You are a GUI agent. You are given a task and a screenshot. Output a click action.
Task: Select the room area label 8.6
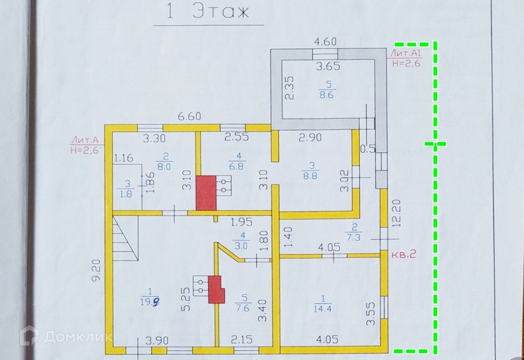tap(327, 94)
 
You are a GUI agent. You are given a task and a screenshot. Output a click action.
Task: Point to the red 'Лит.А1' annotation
tap(405, 54)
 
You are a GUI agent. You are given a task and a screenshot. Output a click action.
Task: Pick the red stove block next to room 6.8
tap(206, 193)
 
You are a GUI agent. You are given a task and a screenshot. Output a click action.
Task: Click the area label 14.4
tap(322, 309)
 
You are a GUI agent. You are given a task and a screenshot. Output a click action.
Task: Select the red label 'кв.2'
tap(404, 254)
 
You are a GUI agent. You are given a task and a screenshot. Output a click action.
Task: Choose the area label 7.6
tap(242, 308)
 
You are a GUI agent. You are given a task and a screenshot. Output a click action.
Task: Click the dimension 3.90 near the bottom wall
tap(157, 339)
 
